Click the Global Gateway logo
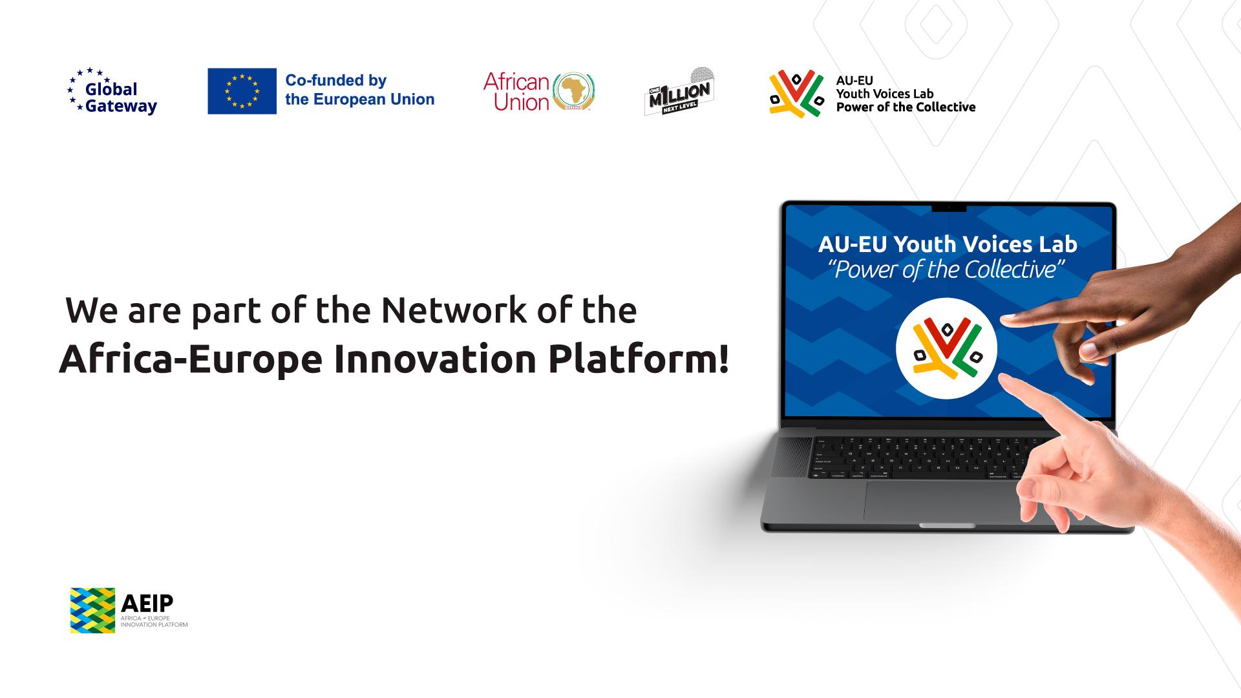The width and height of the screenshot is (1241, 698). coord(112,92)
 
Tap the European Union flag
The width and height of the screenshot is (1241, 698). coord(242,91)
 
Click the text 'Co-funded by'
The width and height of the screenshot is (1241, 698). coord(336,81)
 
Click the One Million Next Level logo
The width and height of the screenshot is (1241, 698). coord(679,92)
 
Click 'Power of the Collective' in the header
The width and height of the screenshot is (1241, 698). coord(906,107)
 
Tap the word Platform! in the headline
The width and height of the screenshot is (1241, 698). coord(639,359)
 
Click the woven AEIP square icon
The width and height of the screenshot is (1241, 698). coord(92,610)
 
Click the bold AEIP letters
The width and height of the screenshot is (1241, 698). coord(147,603)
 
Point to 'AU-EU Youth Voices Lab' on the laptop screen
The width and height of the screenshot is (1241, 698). coord(948,244)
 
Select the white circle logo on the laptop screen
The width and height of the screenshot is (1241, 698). coord(946,348)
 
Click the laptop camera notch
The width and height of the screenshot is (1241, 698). coord(949,208)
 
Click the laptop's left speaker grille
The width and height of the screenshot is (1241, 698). coord(791,456)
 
